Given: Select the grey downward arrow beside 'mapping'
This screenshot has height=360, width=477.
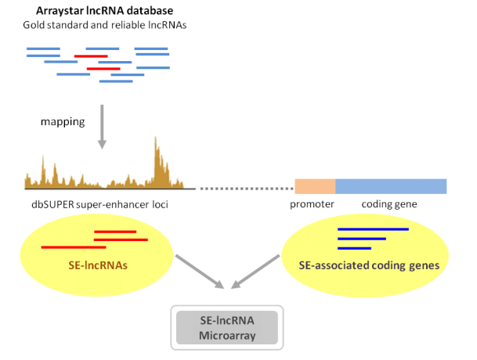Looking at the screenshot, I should click(x=101, y=128).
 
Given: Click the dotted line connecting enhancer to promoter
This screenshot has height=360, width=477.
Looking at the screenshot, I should click(x=239, y=189).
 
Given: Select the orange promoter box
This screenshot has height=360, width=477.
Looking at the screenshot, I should click(x=315, y=186).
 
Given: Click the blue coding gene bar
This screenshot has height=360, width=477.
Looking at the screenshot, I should click(x=391, y=186).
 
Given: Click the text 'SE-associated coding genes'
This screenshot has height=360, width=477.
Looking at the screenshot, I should click(x=369, y=265).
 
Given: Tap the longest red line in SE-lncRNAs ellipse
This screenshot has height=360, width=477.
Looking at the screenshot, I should click(x=73, y=247).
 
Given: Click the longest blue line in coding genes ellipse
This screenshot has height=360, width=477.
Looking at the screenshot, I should click(x=373, y=229).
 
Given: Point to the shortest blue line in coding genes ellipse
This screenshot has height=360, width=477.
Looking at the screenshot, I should click(x=353, y=248).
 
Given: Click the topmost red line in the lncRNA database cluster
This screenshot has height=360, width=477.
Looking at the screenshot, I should click(x=91, y=56).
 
